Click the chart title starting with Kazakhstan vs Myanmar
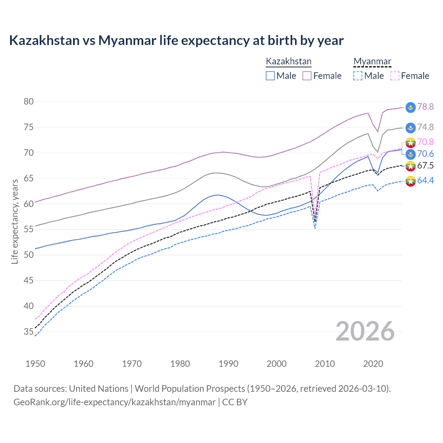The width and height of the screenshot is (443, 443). coord(176,40)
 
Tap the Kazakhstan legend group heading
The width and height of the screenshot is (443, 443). coord(288,61)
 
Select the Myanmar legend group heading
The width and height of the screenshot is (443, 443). coord(372,61)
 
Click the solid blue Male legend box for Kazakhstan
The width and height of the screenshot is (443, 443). coord(270,76)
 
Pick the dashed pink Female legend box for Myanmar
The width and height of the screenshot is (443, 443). coord(395,76)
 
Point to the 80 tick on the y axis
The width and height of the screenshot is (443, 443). coord(29,101)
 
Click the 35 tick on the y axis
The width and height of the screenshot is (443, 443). coord(29,332)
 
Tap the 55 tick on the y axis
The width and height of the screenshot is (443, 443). coord(29,229)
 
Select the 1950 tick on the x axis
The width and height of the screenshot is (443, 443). coord(35,364)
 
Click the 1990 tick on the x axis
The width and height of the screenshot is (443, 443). coord(228,364)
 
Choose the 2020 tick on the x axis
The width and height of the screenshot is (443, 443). coord(373,364)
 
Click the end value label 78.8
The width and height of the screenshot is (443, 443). coord(425,107)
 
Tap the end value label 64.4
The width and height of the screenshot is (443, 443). coord(425,180)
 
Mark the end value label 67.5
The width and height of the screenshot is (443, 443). coord(425,165)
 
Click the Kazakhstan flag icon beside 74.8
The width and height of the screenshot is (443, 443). coord(410,128)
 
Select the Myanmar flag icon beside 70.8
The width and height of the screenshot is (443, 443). coord(410,142)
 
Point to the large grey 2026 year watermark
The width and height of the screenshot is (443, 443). coord(365,331)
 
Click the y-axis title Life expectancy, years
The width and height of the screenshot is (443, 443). coord(15,221)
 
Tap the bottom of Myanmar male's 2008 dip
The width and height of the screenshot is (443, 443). coord(315,229)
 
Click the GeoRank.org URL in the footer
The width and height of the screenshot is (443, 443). coord(115,402)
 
